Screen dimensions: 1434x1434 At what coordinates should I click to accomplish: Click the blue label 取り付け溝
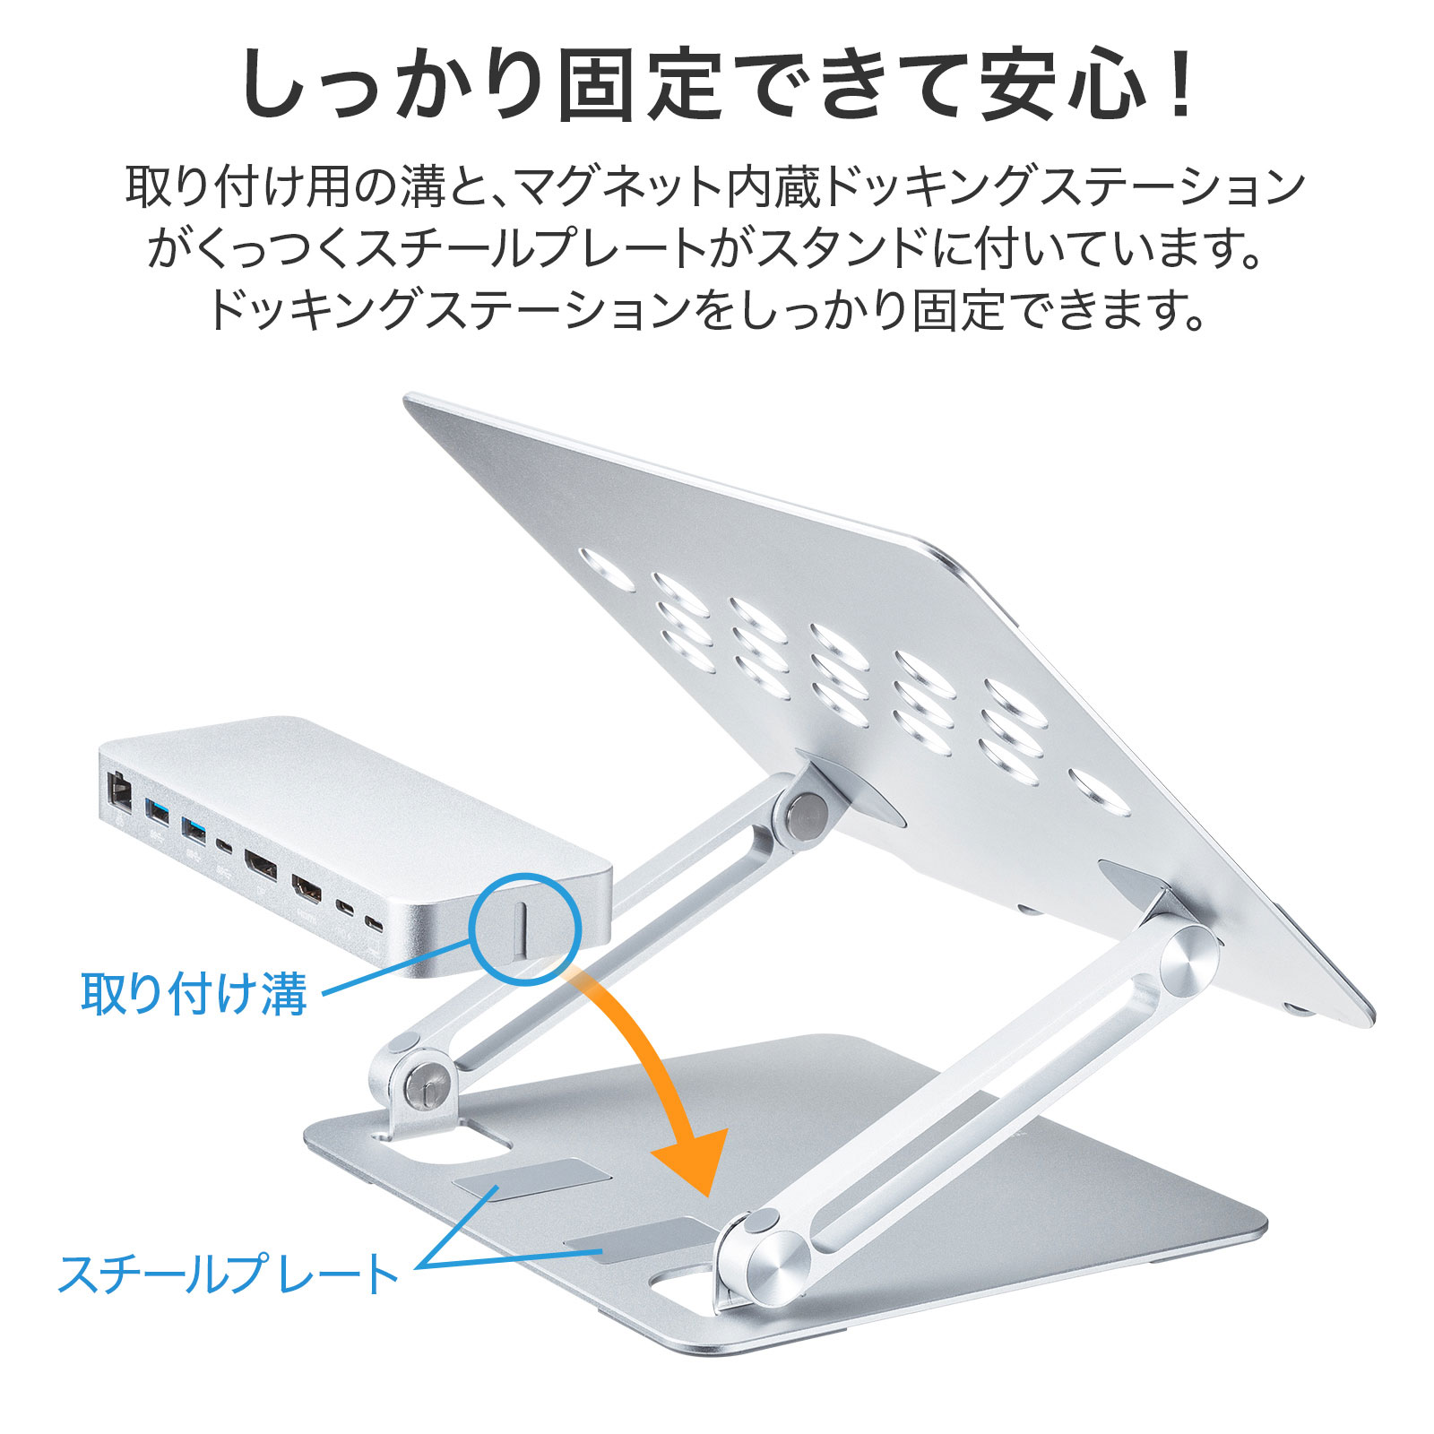194,994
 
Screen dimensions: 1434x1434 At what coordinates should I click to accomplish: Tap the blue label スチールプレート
229,1274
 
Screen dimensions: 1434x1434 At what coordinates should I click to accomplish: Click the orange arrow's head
688,1161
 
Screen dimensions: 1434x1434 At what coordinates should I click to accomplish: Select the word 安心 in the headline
1065,82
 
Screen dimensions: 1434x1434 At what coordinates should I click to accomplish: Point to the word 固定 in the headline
640,82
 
